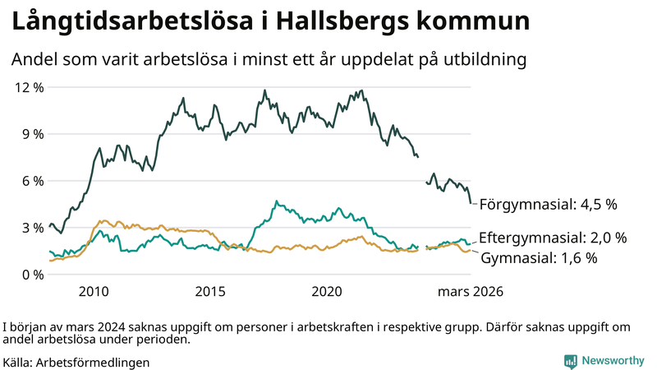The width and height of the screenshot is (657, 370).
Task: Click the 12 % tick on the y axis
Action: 27,87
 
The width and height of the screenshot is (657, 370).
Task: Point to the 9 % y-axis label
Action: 30,134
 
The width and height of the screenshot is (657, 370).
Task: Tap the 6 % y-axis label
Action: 30,181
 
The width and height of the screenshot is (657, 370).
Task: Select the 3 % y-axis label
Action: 30,228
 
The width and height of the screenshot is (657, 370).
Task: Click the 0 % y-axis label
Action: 30,275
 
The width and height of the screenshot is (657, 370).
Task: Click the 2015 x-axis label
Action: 210,292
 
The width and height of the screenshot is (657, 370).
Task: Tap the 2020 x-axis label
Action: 328,292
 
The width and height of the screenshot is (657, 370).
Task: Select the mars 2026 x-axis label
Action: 470,292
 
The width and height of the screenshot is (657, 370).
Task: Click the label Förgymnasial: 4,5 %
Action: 548,203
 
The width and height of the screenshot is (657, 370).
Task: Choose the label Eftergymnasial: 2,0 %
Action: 553,238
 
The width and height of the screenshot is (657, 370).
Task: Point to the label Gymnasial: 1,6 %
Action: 538,258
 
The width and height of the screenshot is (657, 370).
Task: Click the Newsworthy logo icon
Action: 570,361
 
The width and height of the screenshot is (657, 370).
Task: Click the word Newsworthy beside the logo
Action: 613,361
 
